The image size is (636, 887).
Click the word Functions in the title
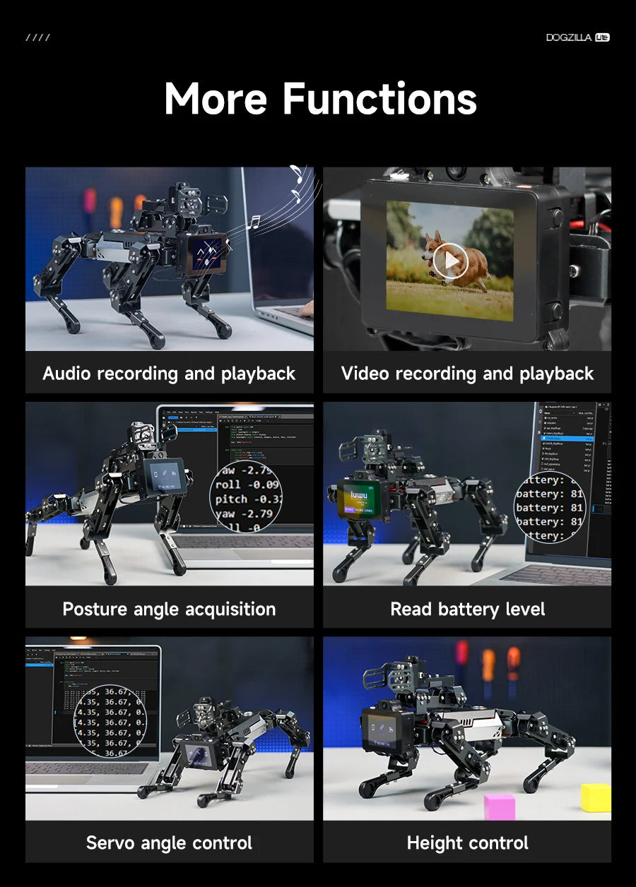pos(379,99)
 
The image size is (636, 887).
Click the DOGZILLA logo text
pos(570,37)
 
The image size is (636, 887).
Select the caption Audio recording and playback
pos(169,374)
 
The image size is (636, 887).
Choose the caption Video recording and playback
pos(467,374)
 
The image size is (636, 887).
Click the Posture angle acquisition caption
pos(169,609)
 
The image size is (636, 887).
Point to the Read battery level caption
pos(467,609)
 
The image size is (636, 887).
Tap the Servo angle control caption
pos(169,843)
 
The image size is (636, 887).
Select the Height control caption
pos(467,843)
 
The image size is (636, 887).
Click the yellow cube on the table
pos(596,797)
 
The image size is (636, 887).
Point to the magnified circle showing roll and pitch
pos(246,499)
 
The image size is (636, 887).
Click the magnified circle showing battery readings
pos(550,507)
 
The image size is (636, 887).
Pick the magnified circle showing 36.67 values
pos(110,720)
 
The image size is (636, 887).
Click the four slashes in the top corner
pos(37,37)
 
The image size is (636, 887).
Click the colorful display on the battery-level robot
pos(354,500)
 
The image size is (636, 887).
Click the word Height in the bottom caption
pos(432,843)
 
